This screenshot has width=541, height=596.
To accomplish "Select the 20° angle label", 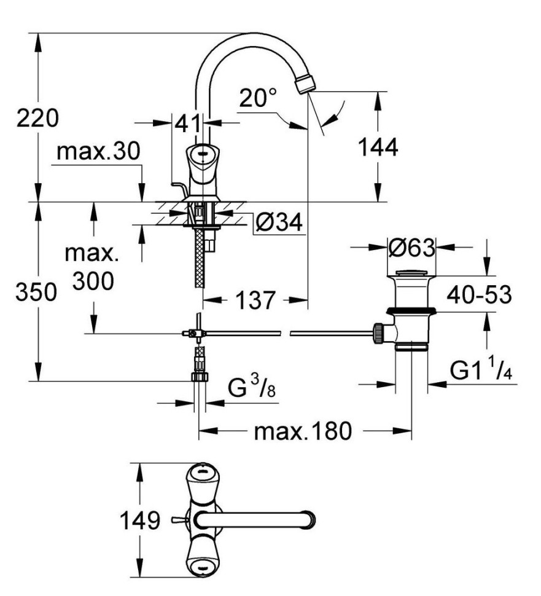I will (x=258, y=98).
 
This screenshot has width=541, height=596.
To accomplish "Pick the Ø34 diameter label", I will (x=278, y=224).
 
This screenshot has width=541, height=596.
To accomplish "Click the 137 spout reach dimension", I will (x=255, y=300).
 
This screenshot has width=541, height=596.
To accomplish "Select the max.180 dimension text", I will (x=303, y=431).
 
